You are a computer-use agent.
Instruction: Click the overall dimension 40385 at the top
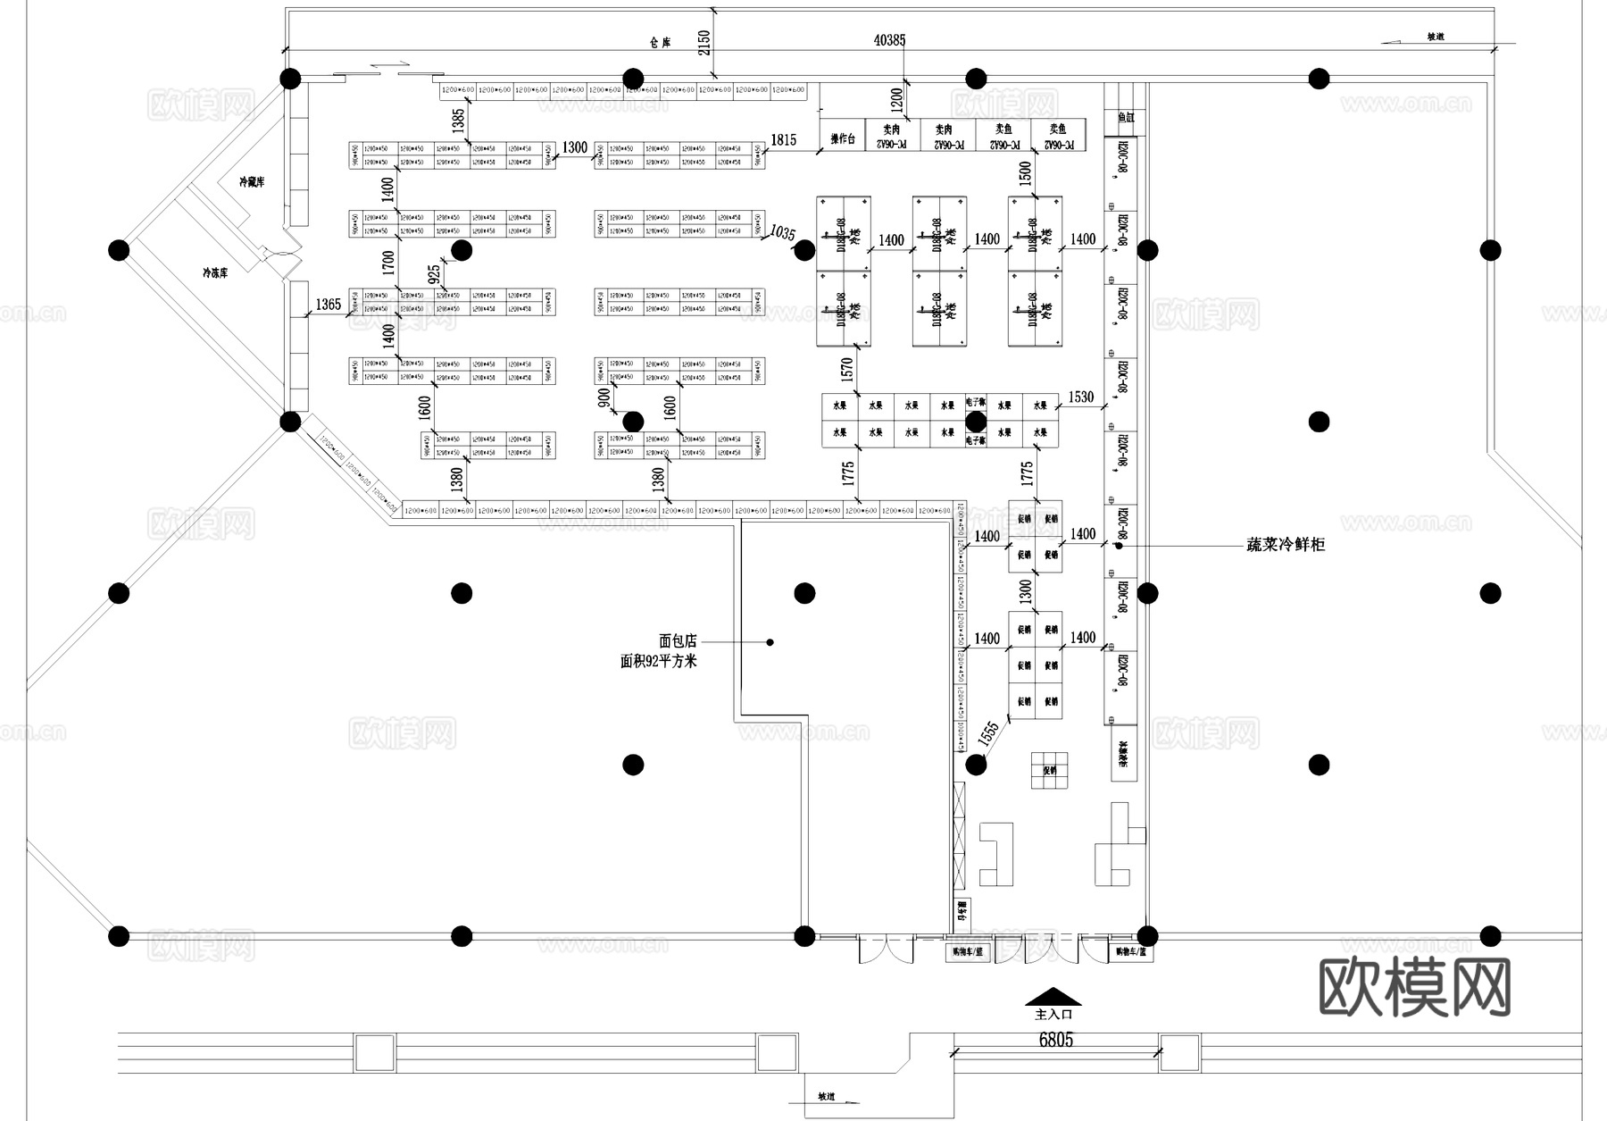(889, 40)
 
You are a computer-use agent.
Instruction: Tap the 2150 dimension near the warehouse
(704, 43)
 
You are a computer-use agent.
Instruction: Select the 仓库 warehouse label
(660, 42)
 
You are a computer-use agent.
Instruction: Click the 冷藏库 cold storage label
(251, 182)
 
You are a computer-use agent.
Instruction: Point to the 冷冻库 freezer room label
(215, 272)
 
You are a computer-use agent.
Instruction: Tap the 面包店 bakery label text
(677, 641)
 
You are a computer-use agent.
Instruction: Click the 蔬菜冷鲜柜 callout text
(1286, 544)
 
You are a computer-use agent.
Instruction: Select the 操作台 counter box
(843, 139)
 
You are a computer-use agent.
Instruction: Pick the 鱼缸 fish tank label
(1125, 118)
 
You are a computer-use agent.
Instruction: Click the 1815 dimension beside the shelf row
(783, 140)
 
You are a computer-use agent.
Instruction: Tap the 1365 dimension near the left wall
(328, 305)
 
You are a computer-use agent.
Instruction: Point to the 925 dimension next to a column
(434, 274)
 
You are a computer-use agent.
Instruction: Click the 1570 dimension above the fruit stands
(847, 367)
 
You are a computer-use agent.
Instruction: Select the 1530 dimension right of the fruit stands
(1080, 397)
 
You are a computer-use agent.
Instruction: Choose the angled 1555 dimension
(988, 733)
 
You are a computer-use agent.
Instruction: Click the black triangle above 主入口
(1053, 996)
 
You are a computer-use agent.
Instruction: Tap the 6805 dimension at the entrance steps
(1055, 1040)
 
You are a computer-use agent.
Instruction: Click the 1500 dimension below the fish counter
(1025, 172)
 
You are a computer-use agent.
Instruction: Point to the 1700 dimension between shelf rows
(387, 262)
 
